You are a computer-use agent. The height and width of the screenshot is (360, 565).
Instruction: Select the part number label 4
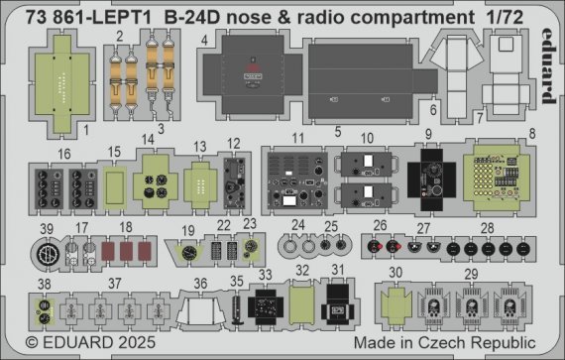[203, 41]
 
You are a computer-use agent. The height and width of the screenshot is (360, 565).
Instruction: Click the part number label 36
[201, 283]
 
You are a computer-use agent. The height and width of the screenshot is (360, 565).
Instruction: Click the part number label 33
[264, 272]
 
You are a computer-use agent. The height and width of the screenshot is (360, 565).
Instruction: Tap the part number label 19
[187, 229]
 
